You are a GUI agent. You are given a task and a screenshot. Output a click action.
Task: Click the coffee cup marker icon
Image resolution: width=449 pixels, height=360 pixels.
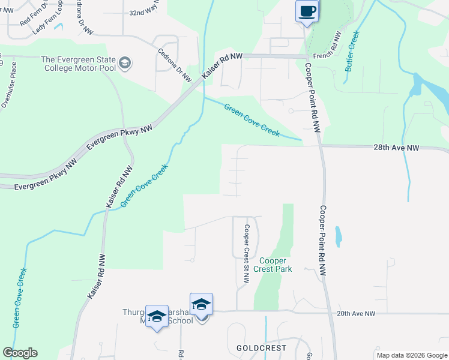click(307, 11)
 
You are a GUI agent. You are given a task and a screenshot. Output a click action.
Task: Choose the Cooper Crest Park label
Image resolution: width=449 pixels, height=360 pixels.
click(276, 265)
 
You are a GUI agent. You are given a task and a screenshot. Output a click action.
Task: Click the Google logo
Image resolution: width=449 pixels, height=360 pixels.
click(20, 353)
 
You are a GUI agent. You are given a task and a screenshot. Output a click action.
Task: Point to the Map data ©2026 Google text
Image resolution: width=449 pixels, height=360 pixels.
click(411, 355)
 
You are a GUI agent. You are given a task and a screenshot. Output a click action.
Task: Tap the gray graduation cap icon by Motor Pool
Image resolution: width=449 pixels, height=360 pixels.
click(125, 64)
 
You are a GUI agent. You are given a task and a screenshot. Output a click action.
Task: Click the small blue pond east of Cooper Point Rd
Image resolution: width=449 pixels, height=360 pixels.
click(339, 236)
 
